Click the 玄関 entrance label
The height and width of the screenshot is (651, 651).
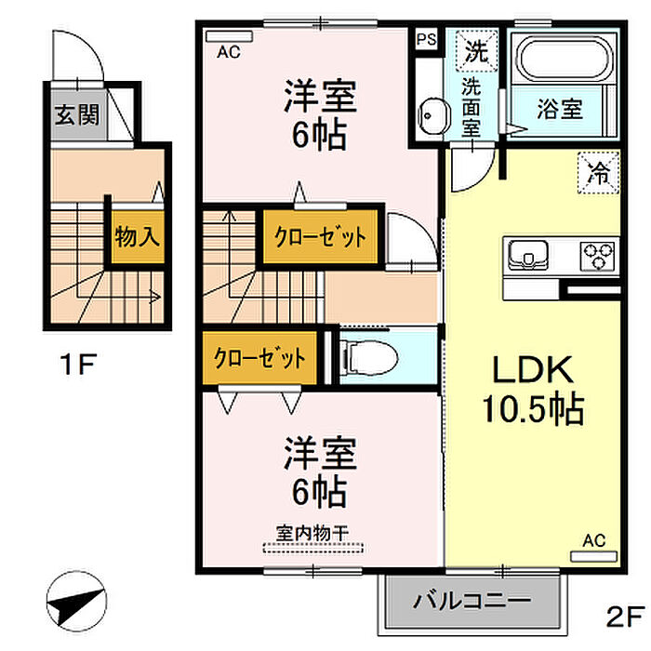pyautogui.click(x=77, y=115)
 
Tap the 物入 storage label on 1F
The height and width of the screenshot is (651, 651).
pyautogui.click(x=138, y=237)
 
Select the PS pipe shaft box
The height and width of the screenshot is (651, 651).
pyautogui.click(x=427, y=39)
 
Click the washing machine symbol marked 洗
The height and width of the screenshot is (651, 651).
pyautogui.click(x=476, y=51)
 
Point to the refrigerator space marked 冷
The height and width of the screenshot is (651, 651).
pyautogui.click(x=598, y=173)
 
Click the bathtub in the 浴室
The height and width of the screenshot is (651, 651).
pyautogui.click(x=564, y=59)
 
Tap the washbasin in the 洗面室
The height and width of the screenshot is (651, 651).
pyautogui.click(x=434, y=116)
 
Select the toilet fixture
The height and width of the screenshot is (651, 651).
pyautogui.click(x=368, y=357)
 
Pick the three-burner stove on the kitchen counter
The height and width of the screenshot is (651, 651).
pyautogui.click(x=598, y=256)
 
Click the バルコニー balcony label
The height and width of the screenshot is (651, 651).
pyautogui.click(x=472, y=601)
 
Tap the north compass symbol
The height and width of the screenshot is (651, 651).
pyautogui.click(x=76, y=601)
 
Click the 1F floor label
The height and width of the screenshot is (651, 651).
pyautogui.click(x=78, y=364)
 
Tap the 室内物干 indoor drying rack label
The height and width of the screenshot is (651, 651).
pyautogui.click(x=312, y=533)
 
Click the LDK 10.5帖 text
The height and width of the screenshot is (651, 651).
pyautogui.click(x=533, y=389)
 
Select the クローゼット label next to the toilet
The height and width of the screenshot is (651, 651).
pyautogui.click(x=259, y=358)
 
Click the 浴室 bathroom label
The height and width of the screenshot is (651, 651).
pyautogui.click(x=560, y=109)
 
